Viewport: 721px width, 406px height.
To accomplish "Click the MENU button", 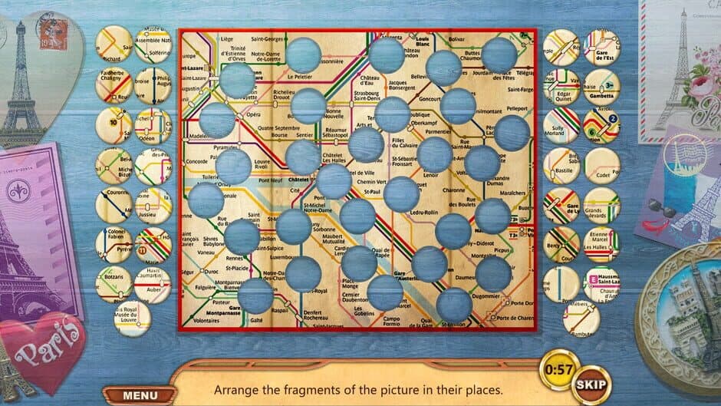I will (x=140, y=395).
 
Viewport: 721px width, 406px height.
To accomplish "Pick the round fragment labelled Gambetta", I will (x=601, y=86).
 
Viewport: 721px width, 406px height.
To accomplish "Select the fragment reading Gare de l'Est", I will (x=601, y=47).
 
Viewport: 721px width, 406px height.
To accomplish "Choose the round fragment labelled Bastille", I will (x=561, y=166).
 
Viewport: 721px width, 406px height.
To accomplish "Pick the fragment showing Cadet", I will (x=601, y=166).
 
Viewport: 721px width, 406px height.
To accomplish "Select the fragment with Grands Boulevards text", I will (x=601, y=205).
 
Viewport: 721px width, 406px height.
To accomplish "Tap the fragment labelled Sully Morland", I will (x=561, y=127).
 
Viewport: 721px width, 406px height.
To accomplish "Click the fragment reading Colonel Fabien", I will (x=114, y=245).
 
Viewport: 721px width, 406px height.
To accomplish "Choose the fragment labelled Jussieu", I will (x=153, y=205).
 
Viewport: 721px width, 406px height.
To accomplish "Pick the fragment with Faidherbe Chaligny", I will (x=114, y=86).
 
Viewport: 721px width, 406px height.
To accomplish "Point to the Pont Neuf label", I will (x=272, y=181).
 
